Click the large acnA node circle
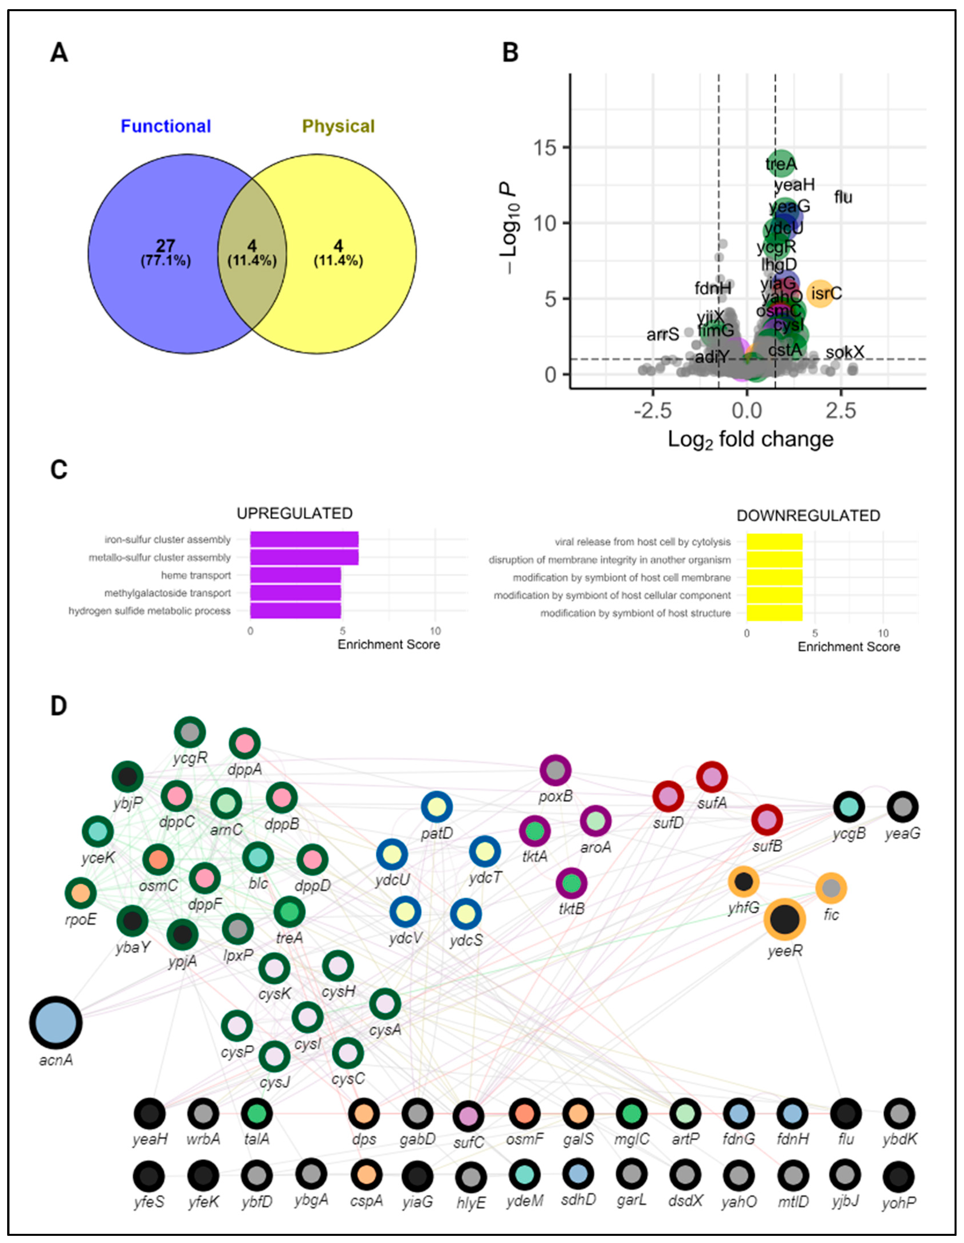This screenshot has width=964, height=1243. pos(56,1022)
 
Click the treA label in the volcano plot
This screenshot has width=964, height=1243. pos(781,165)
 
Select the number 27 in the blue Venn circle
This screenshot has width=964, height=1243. pos(166,246)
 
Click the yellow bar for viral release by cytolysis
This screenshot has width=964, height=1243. pos(774,542)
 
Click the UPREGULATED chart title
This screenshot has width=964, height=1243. pos(294,513)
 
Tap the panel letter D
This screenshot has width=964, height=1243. pos(59,706)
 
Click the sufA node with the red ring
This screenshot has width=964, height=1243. pos(712,777)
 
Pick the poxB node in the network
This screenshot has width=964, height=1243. pos(555,771)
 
